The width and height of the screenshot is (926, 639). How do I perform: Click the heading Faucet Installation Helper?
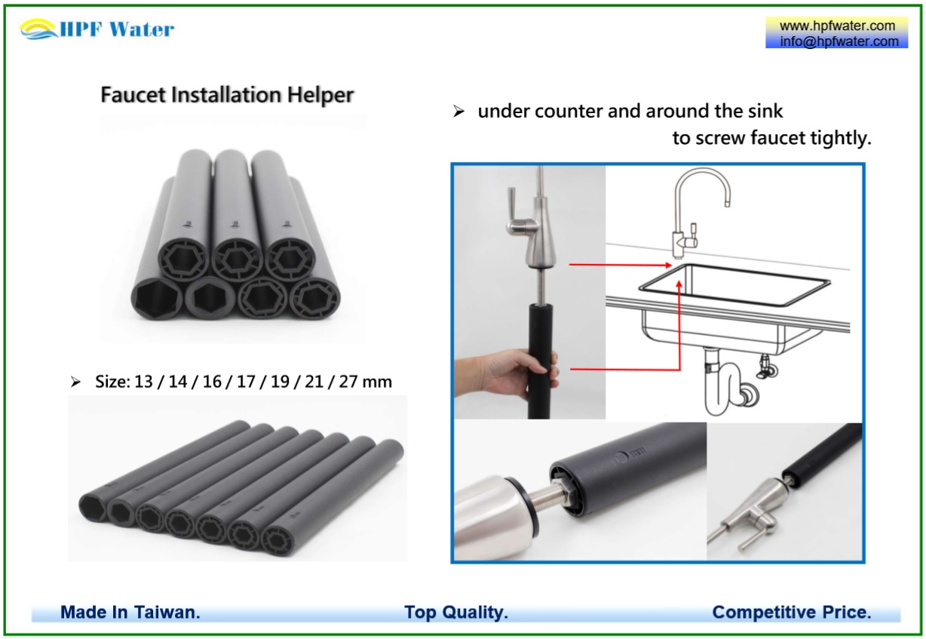pos(227,96)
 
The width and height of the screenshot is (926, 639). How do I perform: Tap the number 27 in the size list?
pos(348,382)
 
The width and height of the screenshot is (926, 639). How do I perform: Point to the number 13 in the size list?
pos(143,382)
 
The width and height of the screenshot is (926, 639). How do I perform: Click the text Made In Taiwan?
pos(130,612)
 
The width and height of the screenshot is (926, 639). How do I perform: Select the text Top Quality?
pos(455,612)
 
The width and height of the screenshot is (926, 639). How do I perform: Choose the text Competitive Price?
pos(791,612)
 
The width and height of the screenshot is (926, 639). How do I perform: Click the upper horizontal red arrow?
pos(618,265)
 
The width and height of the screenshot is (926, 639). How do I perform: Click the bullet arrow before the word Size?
pos(75,382)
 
